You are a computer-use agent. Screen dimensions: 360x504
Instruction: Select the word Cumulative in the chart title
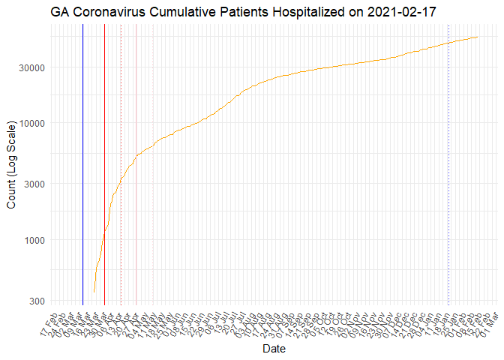click(177, 12)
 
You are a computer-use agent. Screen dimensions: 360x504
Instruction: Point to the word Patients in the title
click(238, 12)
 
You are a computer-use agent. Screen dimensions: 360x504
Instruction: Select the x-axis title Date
click(271, 349)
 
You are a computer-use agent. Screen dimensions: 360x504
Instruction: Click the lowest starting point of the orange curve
click(94, 291)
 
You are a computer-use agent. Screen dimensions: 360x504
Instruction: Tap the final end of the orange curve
click(478, 37)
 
